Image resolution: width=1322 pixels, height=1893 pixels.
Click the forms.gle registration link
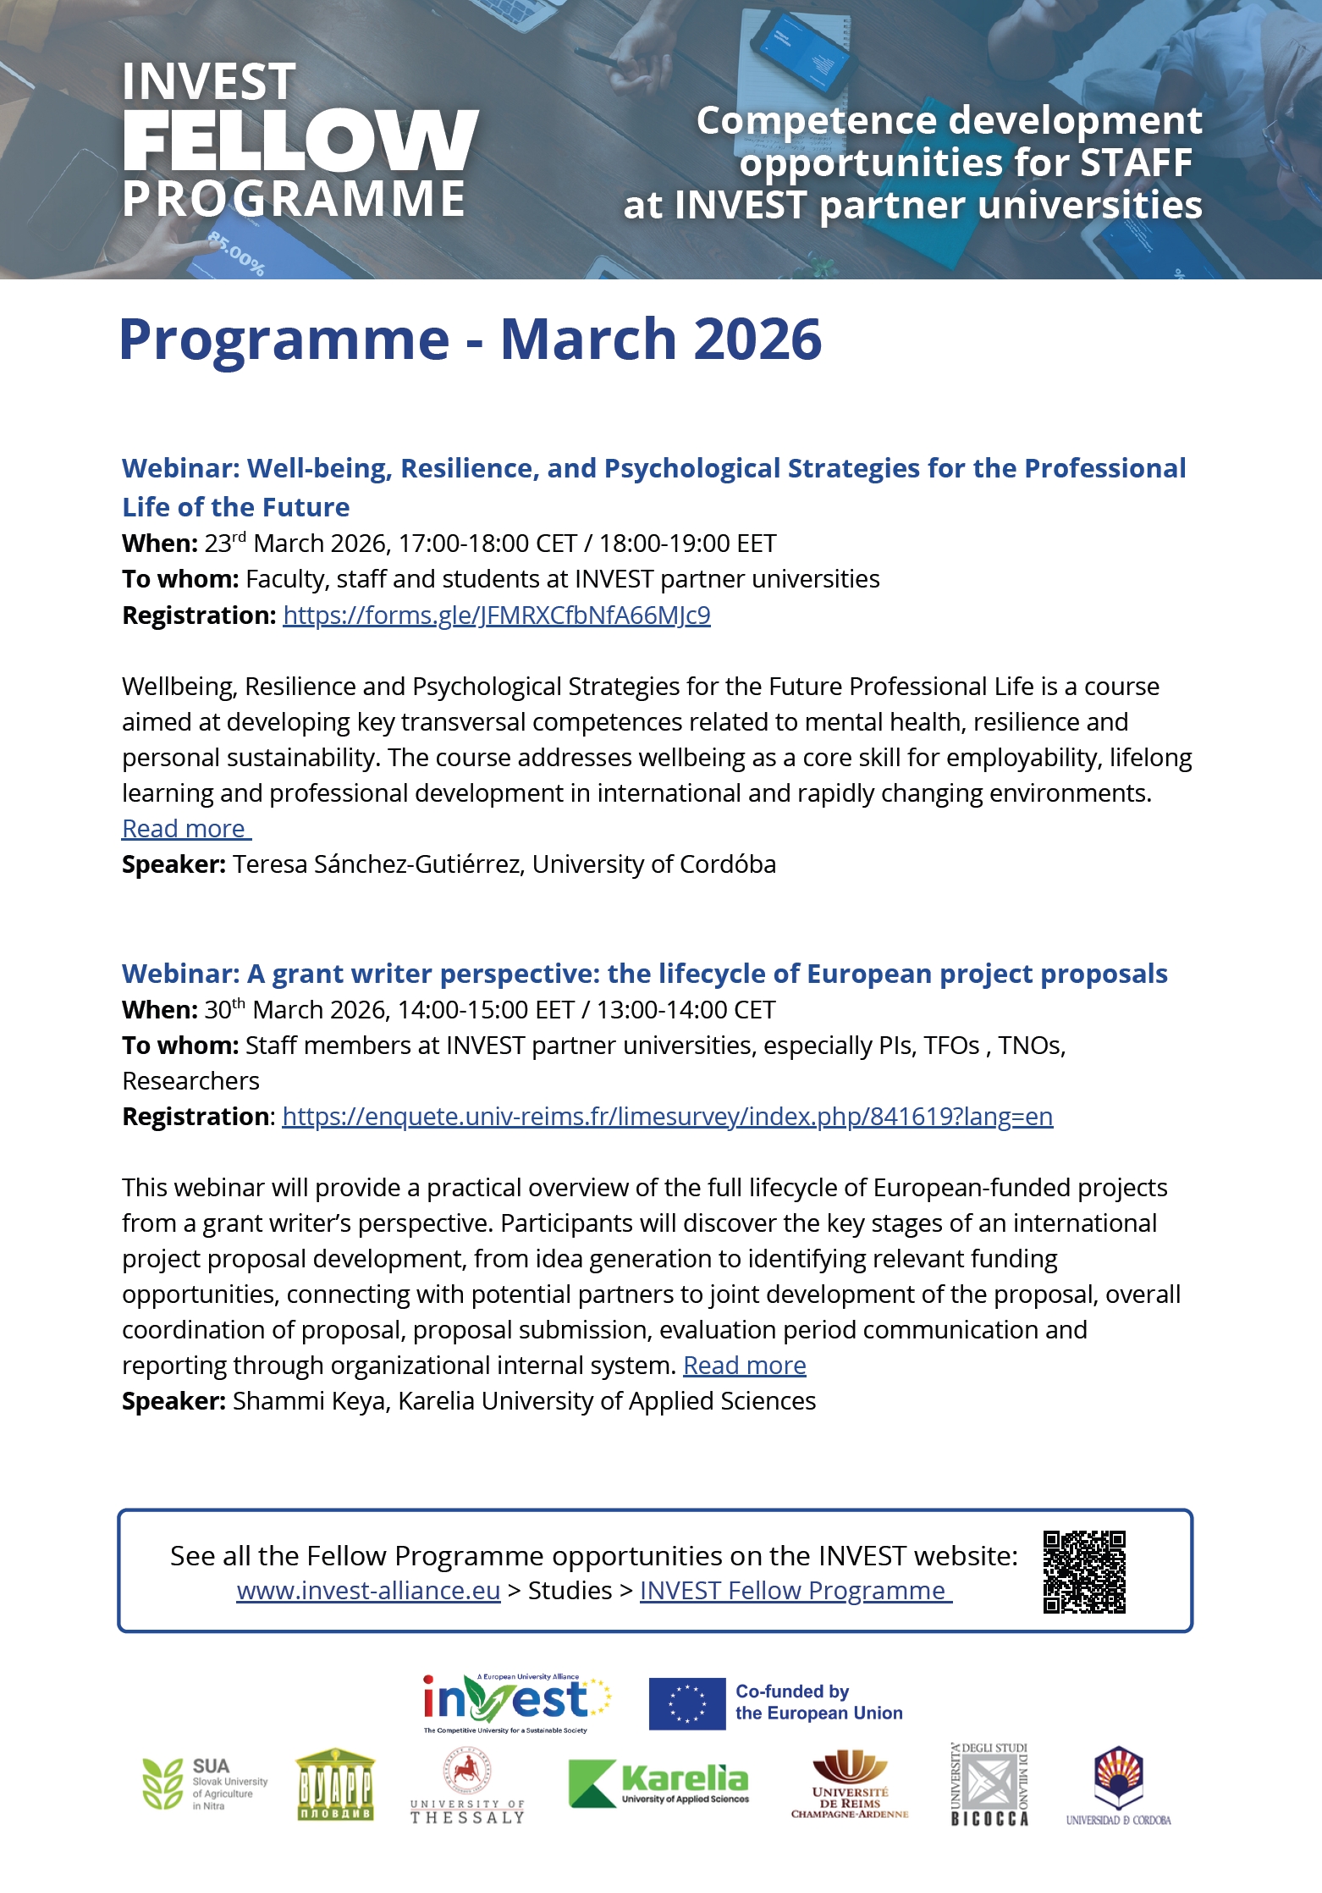click(x=497, y=615)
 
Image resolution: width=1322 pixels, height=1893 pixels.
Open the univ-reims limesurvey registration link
click(x=667, y=1117)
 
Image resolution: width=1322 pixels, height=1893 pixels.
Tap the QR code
click(x=1084, y=1572)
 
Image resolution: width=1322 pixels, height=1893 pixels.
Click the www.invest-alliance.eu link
click(x=368, y=1591)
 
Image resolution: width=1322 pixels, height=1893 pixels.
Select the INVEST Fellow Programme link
click(x=795, y=1591)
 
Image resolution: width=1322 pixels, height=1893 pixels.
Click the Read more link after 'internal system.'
click(x=744, y=1366)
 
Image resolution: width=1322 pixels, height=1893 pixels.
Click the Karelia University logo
click(x=659, y=1784)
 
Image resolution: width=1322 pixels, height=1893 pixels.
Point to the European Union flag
click(x=687, y=1703)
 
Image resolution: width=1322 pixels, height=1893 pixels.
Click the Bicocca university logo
click(x=989, y=1784)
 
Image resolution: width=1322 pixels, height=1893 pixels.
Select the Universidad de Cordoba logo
click(x=1118, y=1785)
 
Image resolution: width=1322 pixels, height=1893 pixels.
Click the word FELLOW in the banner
click(x=300, y=141)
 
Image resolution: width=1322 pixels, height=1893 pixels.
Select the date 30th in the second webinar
click(x=224, y=1010)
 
